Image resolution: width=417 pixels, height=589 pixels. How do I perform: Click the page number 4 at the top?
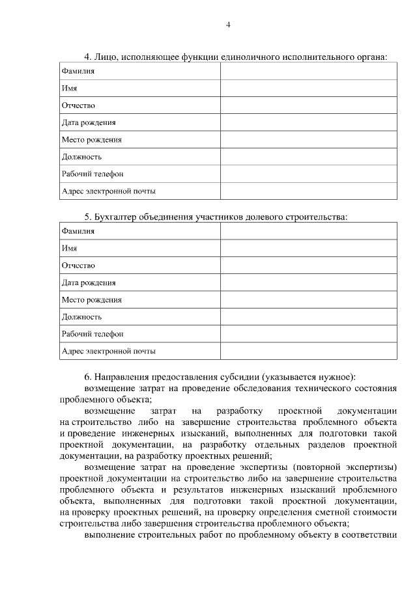click(x=228, y=25)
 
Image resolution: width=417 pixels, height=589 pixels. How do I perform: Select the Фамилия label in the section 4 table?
click(x=78, y=71)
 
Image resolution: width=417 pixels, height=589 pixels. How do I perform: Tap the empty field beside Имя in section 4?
click(x=308, y=89)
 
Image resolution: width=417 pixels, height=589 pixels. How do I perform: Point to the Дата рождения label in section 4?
click(x=89, y=122)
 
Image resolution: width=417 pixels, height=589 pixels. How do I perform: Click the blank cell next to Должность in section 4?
click(x=308, y=157)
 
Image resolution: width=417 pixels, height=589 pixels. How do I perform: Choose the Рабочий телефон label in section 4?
click(x=92, y=174)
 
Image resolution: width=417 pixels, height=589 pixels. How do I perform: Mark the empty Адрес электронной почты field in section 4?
click(x=308, y=191)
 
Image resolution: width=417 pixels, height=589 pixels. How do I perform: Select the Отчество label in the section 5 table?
click(x=78, y=266)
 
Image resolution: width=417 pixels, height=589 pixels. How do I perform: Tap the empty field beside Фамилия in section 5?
click(x=308, y=231)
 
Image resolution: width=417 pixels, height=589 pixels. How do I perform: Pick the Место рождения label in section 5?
click(x=91, y=300)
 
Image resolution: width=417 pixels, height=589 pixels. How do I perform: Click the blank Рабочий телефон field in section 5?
click(x=308, y=334)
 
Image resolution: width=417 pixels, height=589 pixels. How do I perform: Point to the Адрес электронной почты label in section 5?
click(x=108, y=351)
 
